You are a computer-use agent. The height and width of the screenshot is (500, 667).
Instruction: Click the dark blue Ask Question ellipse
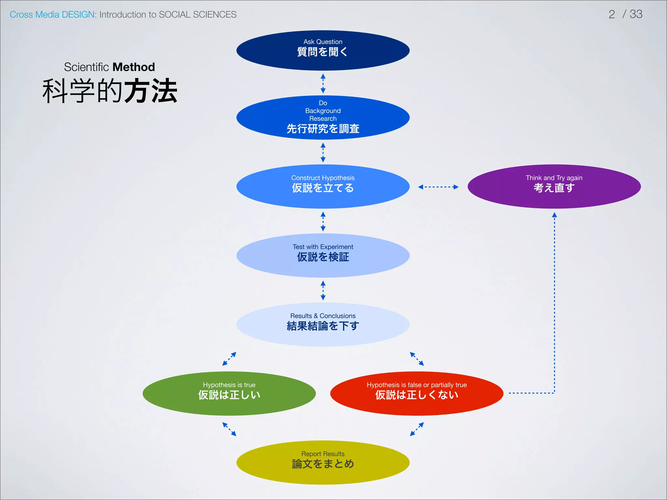323,50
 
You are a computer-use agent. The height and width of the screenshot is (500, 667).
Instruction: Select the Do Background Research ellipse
323,118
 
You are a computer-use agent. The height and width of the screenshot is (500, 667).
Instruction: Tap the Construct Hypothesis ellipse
323,187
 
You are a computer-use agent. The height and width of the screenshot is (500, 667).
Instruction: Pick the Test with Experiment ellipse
323,256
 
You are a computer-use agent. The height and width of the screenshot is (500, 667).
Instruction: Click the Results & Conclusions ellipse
323,325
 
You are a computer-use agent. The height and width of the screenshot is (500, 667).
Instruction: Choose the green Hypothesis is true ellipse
229,394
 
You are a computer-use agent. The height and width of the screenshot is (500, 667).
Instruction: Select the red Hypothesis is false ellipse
417,394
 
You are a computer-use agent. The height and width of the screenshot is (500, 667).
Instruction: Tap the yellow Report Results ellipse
323,463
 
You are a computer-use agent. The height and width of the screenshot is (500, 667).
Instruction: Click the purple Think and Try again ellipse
554,187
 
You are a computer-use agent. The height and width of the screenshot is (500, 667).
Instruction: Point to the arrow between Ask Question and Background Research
323,83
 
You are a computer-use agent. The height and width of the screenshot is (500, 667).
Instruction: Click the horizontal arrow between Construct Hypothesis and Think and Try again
438,187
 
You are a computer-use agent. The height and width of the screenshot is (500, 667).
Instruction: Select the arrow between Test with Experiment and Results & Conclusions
323,290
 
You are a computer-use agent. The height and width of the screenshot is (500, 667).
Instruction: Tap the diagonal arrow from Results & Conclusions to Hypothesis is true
229,359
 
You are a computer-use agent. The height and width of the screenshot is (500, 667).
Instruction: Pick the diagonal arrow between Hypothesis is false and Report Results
417,429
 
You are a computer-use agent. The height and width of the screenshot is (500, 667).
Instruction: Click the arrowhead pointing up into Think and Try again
554,215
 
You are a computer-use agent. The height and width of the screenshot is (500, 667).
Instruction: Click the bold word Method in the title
134,67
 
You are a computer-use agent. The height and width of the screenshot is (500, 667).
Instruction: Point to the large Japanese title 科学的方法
110,91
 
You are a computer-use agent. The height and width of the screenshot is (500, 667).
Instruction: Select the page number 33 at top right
636,14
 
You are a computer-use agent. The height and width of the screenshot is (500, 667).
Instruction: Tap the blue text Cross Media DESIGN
53,15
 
